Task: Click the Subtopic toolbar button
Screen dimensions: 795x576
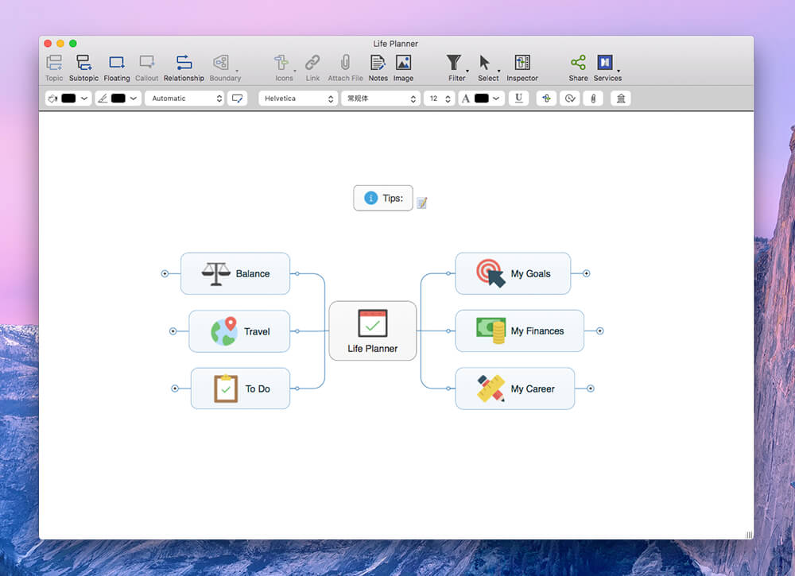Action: click(83, 68)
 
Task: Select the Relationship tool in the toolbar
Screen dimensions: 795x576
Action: click(184, 68)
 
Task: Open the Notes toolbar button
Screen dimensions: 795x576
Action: click(378, 68)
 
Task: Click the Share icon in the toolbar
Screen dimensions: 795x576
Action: click(578, 62)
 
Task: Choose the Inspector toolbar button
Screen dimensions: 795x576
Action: click(522, 68)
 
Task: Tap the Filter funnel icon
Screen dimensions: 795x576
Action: click(454, 62)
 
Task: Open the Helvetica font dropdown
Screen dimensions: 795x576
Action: click(298, 99)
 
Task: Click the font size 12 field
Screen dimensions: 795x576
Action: click(439, 99)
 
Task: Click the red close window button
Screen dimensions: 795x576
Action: click(48, 44)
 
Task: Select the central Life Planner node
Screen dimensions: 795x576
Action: click(373, 331)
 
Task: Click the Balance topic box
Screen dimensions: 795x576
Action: click(235, 273)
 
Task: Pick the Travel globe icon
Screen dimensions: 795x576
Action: click(224, 331)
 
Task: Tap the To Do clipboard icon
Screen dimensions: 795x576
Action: click(226, 389)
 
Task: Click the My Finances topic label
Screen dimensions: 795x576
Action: click(537, 331)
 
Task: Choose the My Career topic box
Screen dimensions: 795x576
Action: click(515, 389)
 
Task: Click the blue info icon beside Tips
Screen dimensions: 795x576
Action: click(371, 198)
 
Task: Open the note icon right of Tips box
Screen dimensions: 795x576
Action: click(422, 203)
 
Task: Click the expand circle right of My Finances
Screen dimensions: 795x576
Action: click(599, 331)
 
